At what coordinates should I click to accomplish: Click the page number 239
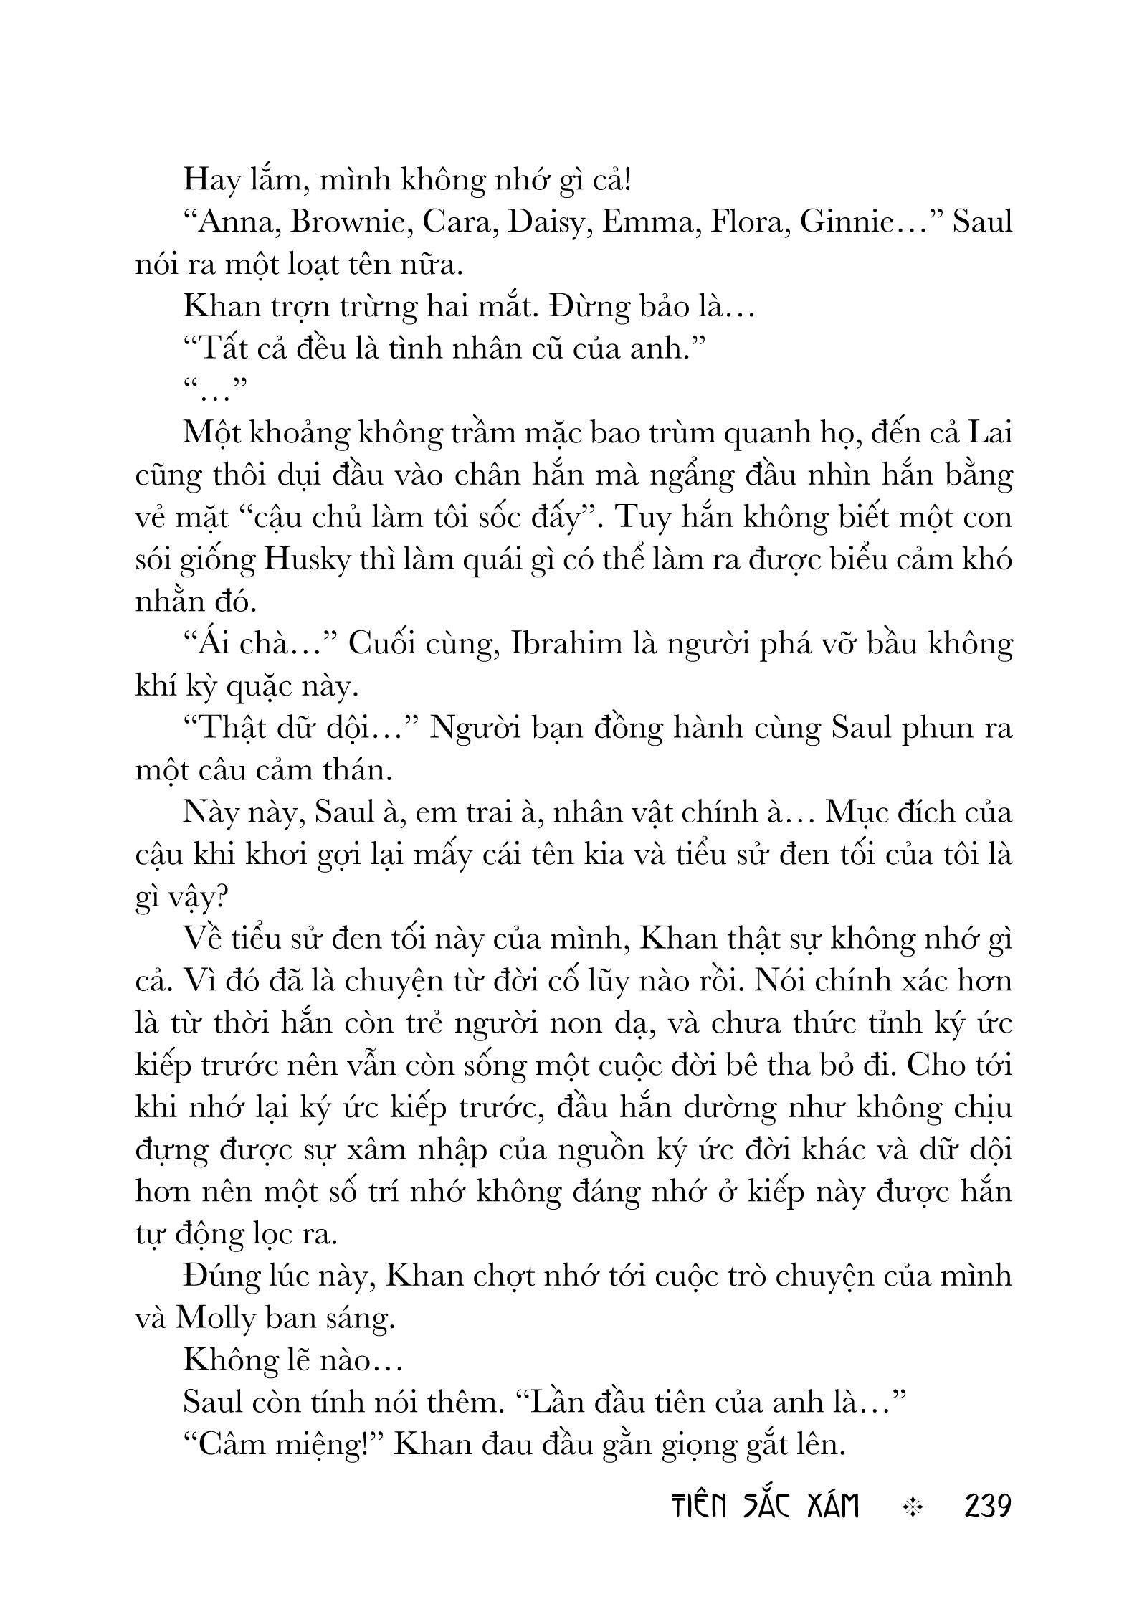click(987, 1507)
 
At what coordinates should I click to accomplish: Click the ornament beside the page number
click(912, 1507)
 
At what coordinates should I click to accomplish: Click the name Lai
click(989, 434)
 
